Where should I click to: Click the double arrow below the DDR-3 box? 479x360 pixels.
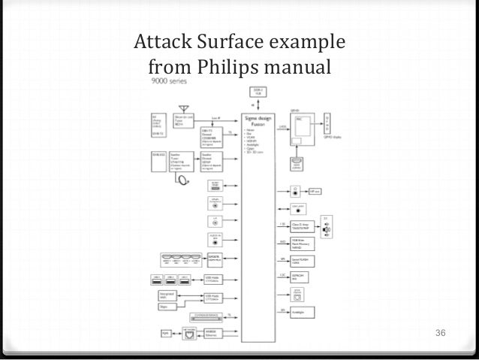258,104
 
